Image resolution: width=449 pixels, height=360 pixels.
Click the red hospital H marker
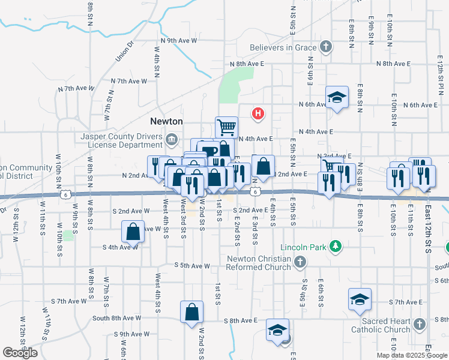(x=258, y=113)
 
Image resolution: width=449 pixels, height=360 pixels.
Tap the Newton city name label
(x=166, y=121)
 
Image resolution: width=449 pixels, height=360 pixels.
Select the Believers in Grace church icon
(x=325, y=47)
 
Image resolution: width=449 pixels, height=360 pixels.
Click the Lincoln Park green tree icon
(x=336, y=247)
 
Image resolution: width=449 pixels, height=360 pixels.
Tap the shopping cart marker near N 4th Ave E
(x=227, y=127)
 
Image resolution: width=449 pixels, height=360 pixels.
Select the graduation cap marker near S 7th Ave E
(x=360, y=299)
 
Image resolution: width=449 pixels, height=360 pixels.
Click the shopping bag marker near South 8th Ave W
(x=191, y=312)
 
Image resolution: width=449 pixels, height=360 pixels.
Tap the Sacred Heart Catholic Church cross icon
(x=419, y=324)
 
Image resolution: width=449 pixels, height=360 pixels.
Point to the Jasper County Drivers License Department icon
(x=172, y=140)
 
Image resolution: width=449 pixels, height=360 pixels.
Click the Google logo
(x=20, y=353)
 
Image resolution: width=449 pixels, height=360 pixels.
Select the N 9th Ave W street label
(x=175, y=41)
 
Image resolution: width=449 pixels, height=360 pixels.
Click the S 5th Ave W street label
(x=192, y=265)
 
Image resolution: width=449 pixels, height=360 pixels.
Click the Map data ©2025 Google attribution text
(x=412, y=355)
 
